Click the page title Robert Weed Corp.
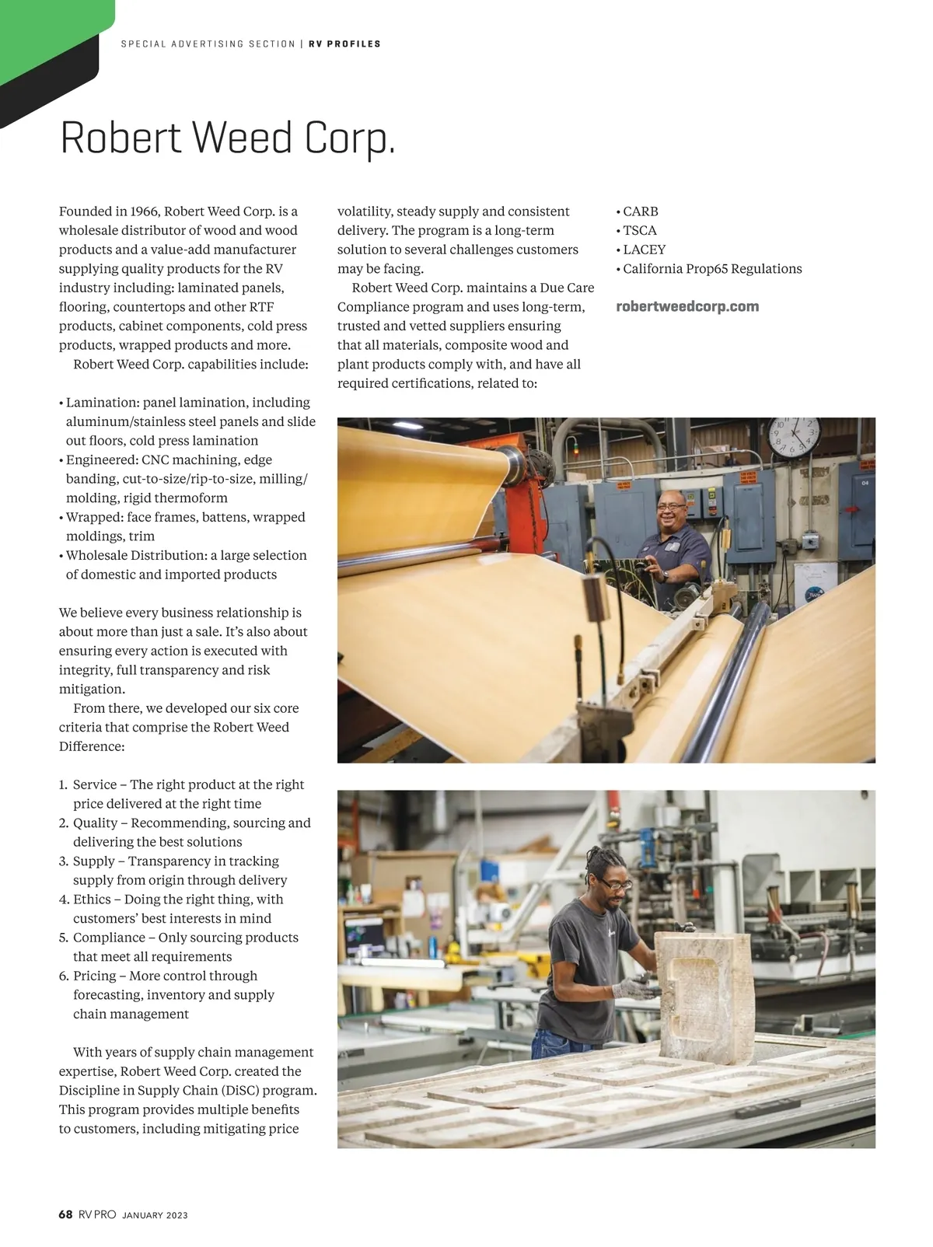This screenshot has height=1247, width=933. (228, 138)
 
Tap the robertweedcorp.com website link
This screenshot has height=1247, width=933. (687, 306)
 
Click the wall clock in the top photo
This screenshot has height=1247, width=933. (794, 436)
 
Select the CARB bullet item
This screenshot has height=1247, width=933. (640, 211)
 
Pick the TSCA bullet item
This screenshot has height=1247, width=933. (639, 230)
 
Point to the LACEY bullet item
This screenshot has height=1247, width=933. (644, 250)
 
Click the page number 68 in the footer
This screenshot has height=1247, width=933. (65, 1214)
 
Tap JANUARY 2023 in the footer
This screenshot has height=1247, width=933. (155, 1215)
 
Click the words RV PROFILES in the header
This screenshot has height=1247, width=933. (344, 44)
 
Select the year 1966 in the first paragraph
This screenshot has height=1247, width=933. (145, 211)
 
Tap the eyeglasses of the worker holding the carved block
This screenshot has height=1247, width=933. (613, 885)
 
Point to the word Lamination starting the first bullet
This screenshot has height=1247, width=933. (100, 403)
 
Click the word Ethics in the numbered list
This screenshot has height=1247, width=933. (92, 899)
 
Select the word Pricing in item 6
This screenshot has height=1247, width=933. (94, 976)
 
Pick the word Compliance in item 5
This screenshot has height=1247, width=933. (109, 938)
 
